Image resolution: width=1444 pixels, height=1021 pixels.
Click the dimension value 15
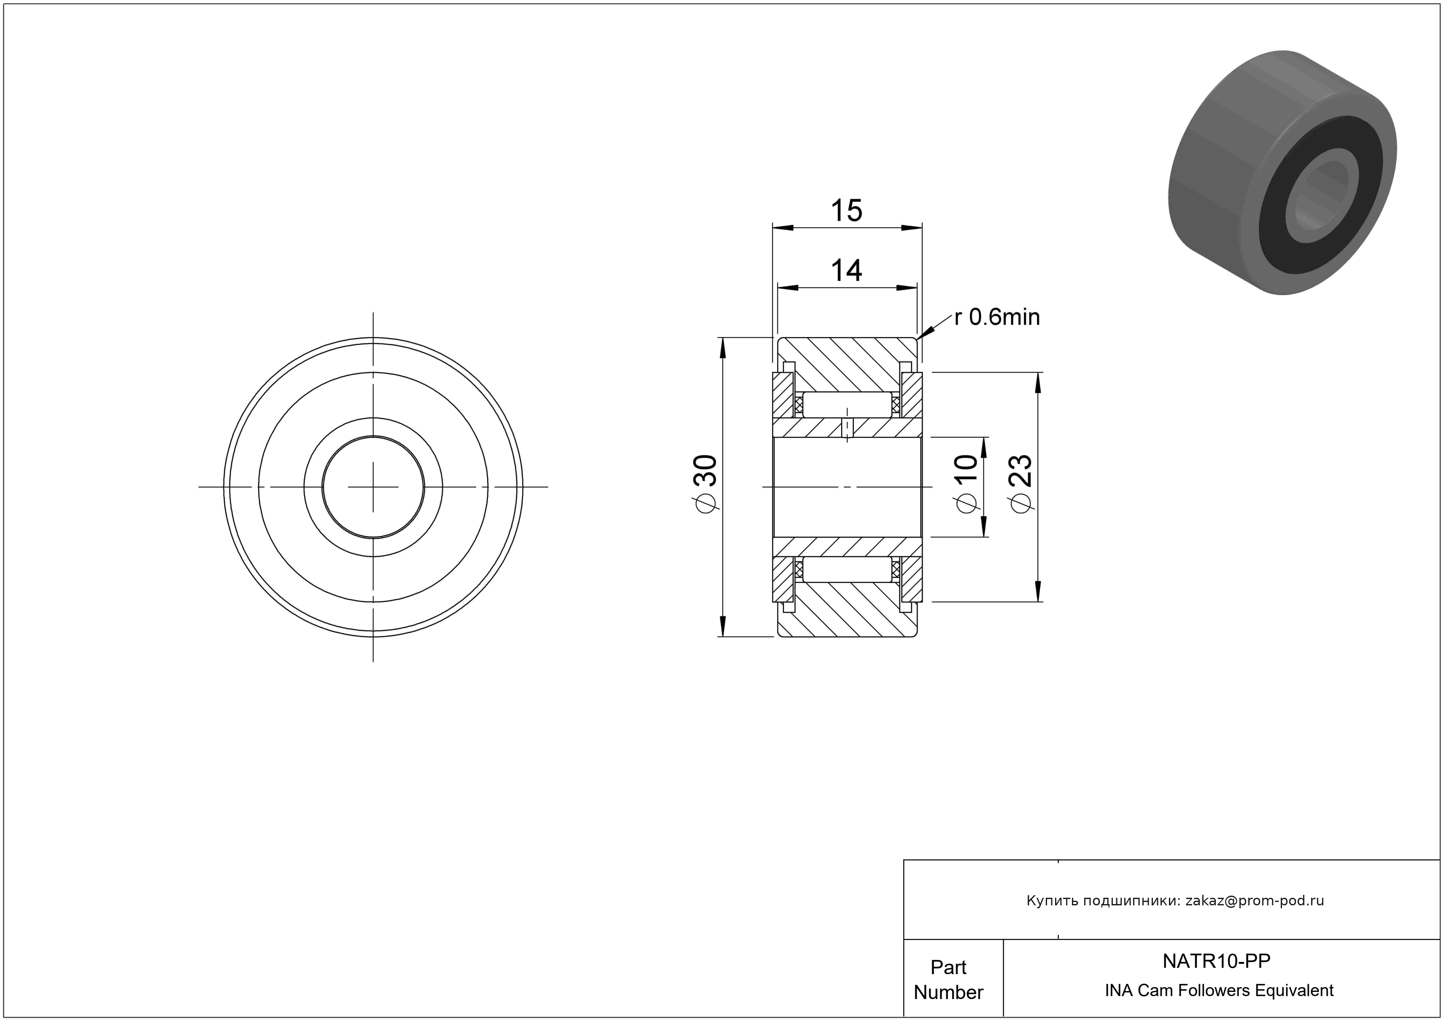tap(847, 211)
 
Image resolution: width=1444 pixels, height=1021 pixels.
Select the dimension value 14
tap(847, 271)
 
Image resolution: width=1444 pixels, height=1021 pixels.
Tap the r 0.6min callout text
tap(997, 317)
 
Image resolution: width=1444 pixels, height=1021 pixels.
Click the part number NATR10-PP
tap(1216, 961)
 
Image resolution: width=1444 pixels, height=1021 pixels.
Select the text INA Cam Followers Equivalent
tap(1219, 990)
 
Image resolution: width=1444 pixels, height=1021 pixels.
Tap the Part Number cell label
tap(948, 980)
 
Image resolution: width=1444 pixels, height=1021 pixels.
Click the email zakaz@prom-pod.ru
tap(1255, 900)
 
